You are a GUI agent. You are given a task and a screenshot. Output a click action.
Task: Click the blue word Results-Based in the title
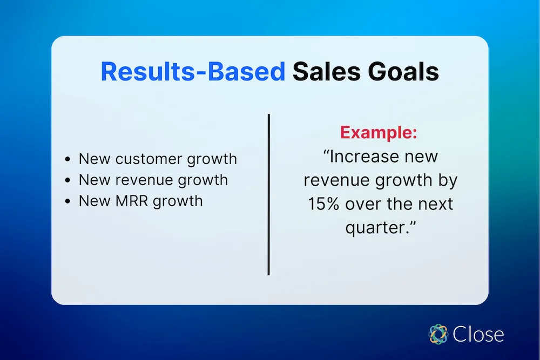click(x=193, y=72)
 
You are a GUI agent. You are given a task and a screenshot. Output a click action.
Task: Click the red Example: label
click(x=379, y=133)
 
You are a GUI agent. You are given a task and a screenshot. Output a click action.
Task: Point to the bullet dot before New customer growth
click(x=67, y=160)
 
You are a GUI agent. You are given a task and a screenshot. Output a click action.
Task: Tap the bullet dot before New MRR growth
click(x=67, y=202)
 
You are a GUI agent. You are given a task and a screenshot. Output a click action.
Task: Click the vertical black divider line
click(x=268, y=194)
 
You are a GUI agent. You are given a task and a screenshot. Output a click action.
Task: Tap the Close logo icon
click(x=438, y=334)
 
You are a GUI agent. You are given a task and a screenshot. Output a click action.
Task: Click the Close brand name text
click(x=478, y=334)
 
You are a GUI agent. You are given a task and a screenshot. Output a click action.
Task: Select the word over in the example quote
click(x=369, y=205)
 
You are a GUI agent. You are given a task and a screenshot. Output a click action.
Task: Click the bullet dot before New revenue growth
click(x=67, y=181)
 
